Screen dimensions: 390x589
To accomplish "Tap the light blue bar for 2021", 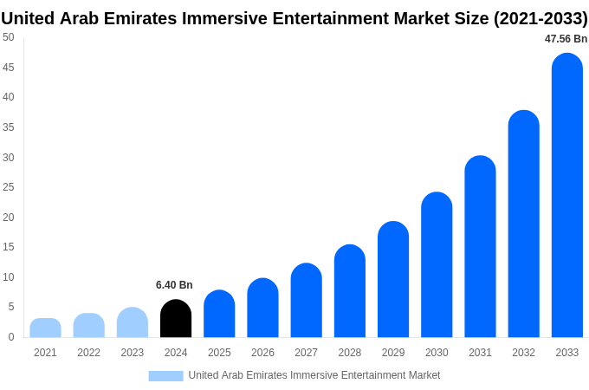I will pos(45,328).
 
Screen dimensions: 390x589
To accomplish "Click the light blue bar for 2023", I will pos(133,322).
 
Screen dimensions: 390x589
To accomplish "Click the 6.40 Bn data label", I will pos(174,285).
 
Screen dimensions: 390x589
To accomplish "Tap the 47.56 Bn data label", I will pos(566,39).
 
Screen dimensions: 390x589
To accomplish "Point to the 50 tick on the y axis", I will pos(9,37).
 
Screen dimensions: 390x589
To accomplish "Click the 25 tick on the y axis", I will pos(9,187).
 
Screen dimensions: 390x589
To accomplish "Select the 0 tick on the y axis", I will pos(11,337).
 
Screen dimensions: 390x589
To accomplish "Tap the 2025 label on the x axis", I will pos(219,353).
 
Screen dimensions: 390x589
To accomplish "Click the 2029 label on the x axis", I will pos(393,353).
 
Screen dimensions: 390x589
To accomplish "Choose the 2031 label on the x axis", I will pos(480,353).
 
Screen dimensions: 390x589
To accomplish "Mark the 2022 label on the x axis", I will pos(88,353).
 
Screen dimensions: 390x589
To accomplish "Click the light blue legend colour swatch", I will pos(165,375).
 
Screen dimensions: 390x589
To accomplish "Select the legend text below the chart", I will pos(314,375).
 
